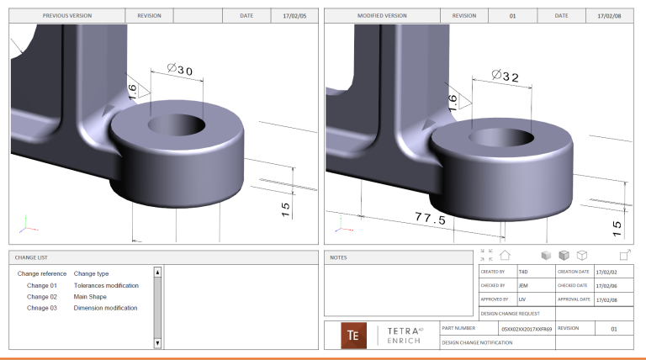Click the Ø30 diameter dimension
coord(180,71)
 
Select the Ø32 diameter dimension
coord(506,77)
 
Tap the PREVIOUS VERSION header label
coord(67,15)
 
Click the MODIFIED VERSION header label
coord(382,15)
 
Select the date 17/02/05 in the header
coord(294,15)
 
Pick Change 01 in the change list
coord(42,285)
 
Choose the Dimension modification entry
coord(105,308)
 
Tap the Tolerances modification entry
coord(106,285)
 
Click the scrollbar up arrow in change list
coord(157,273)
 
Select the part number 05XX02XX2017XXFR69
coord(526,329)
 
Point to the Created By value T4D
coord(523,272)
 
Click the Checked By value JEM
coord(523,286)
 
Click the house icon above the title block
coord(505,255)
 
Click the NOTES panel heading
coord(339,257)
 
